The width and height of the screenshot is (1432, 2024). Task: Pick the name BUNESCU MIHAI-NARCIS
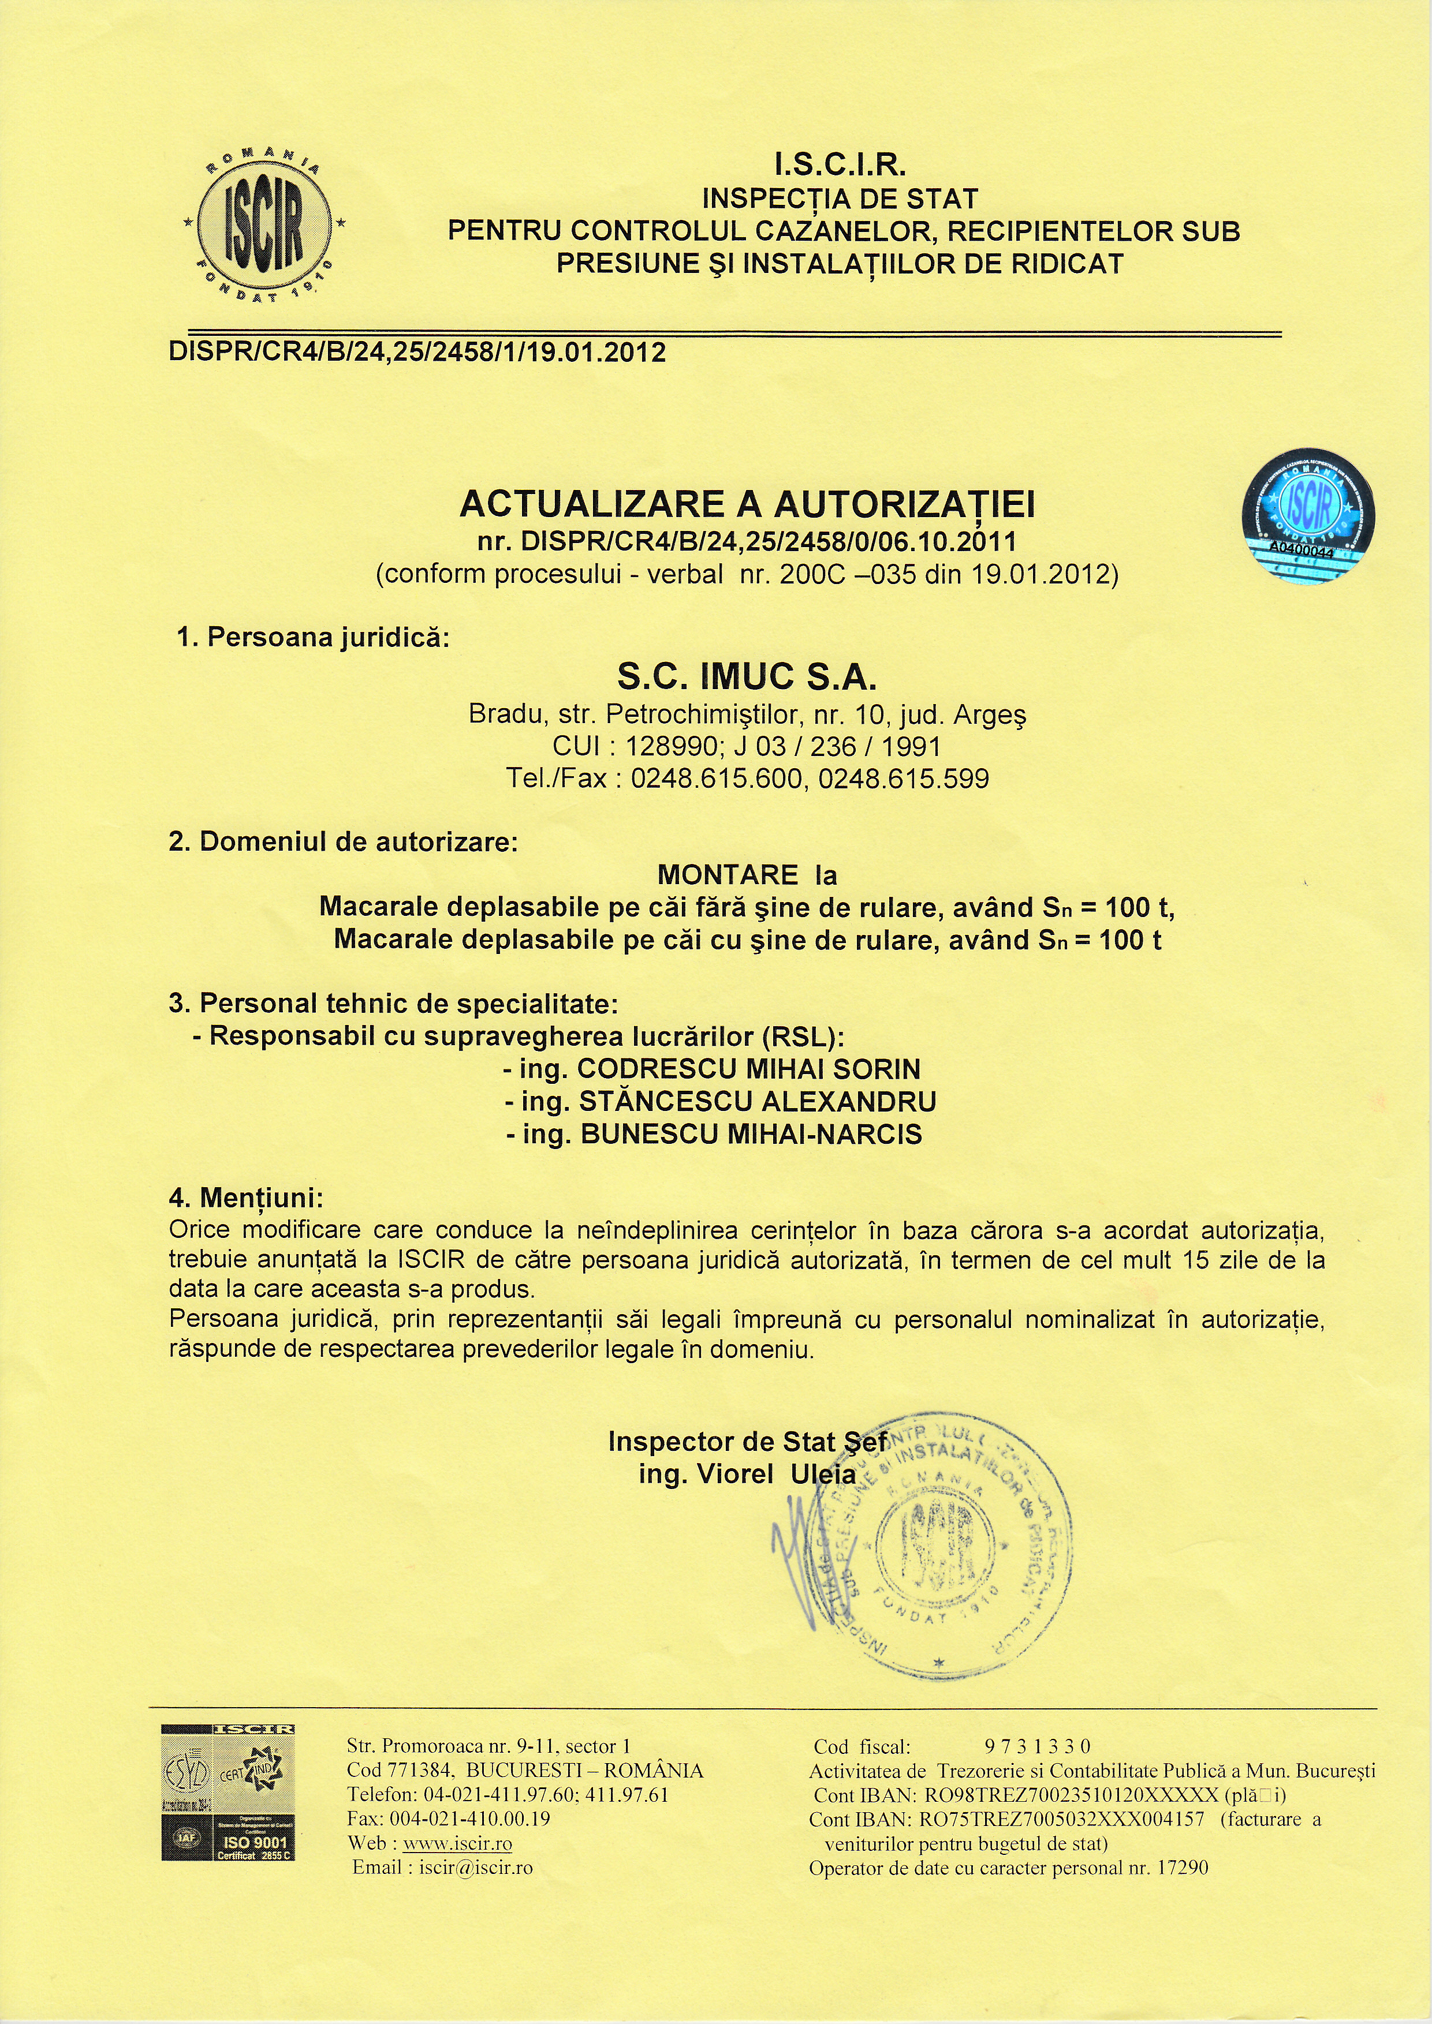(751, 1135)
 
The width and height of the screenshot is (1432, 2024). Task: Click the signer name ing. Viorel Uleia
(747, 1475)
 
